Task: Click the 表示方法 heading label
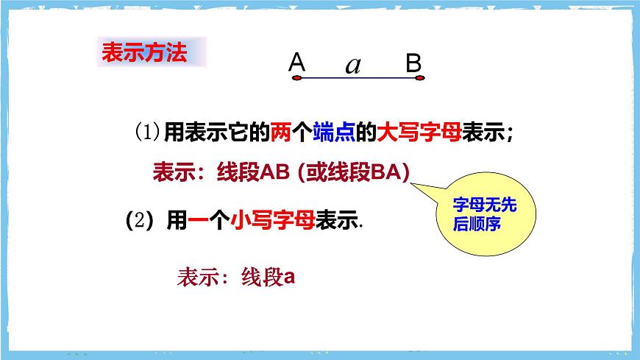click(x=143, y=54)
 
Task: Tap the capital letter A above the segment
click(x=296, y=63)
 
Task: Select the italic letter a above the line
click(x=353, y=66)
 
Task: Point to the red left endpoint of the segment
click(x=296, y=79)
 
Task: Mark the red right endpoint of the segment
click(x=420, y=79)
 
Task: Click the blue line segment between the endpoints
click(x=358, y=79)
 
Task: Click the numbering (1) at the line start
click(x=146, y=133)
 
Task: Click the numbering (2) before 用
click(x=138, y=221)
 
